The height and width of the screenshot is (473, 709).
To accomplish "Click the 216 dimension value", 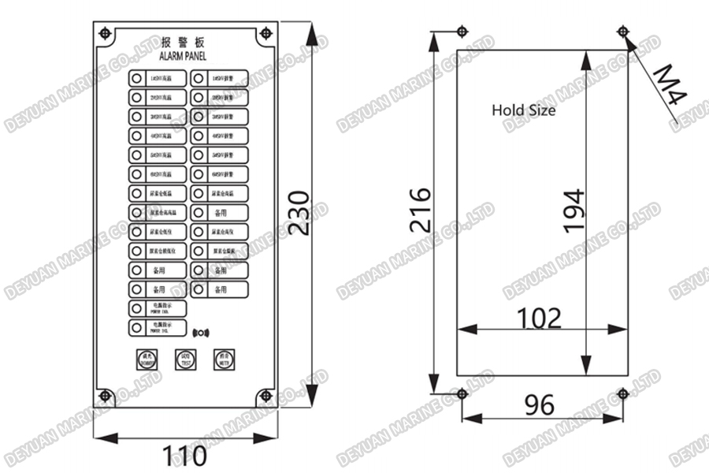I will pyautogui.click(x=420, y=210).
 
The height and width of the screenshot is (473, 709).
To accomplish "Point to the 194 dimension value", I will pyautogui.click(x=574, y=210).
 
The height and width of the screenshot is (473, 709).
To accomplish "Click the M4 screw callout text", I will pyautogui.click(x=670, y=85).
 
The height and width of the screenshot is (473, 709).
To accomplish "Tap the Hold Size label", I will pyautogui.click(x=523, y=110).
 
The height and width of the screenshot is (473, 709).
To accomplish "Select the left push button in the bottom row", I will pyautogui.click(x=146, y=359).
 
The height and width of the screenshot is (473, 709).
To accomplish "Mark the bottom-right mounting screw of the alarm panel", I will pyautogui.click(x=266, y=396).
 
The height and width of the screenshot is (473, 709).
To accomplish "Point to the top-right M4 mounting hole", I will pyautogui.click(x=623, y=32).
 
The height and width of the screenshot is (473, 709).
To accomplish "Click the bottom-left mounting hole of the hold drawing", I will pyautogui.click(x=461, y=392).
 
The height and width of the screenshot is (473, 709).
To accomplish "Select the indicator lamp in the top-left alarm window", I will pyautogui.click(x=136, y=78).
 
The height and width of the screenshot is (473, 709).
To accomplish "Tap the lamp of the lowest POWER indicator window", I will pyautogui.click(x=136, y=326).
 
